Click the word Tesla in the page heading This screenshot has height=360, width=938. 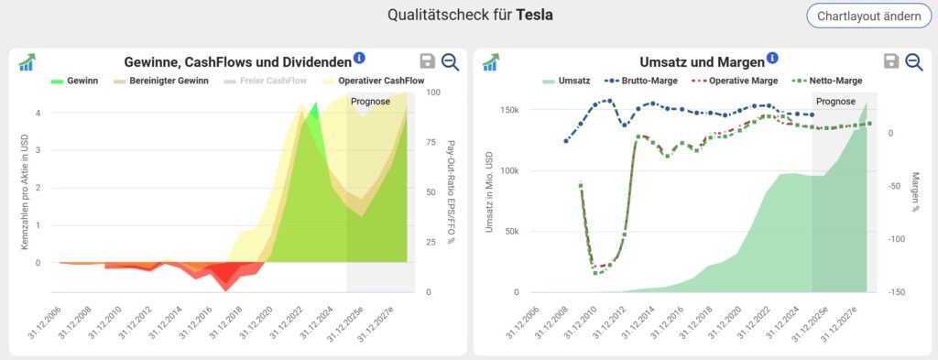pos(534,16)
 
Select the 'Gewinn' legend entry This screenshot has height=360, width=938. pos(76,81)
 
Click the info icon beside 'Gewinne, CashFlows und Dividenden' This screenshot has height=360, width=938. pos(359,59)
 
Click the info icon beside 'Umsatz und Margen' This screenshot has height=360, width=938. pos(772,59)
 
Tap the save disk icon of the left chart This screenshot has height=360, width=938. pos(427,61)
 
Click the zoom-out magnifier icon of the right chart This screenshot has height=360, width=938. pos(913,61)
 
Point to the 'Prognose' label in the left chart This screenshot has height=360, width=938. pos(370,102)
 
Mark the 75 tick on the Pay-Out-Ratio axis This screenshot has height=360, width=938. pos(431,142)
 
